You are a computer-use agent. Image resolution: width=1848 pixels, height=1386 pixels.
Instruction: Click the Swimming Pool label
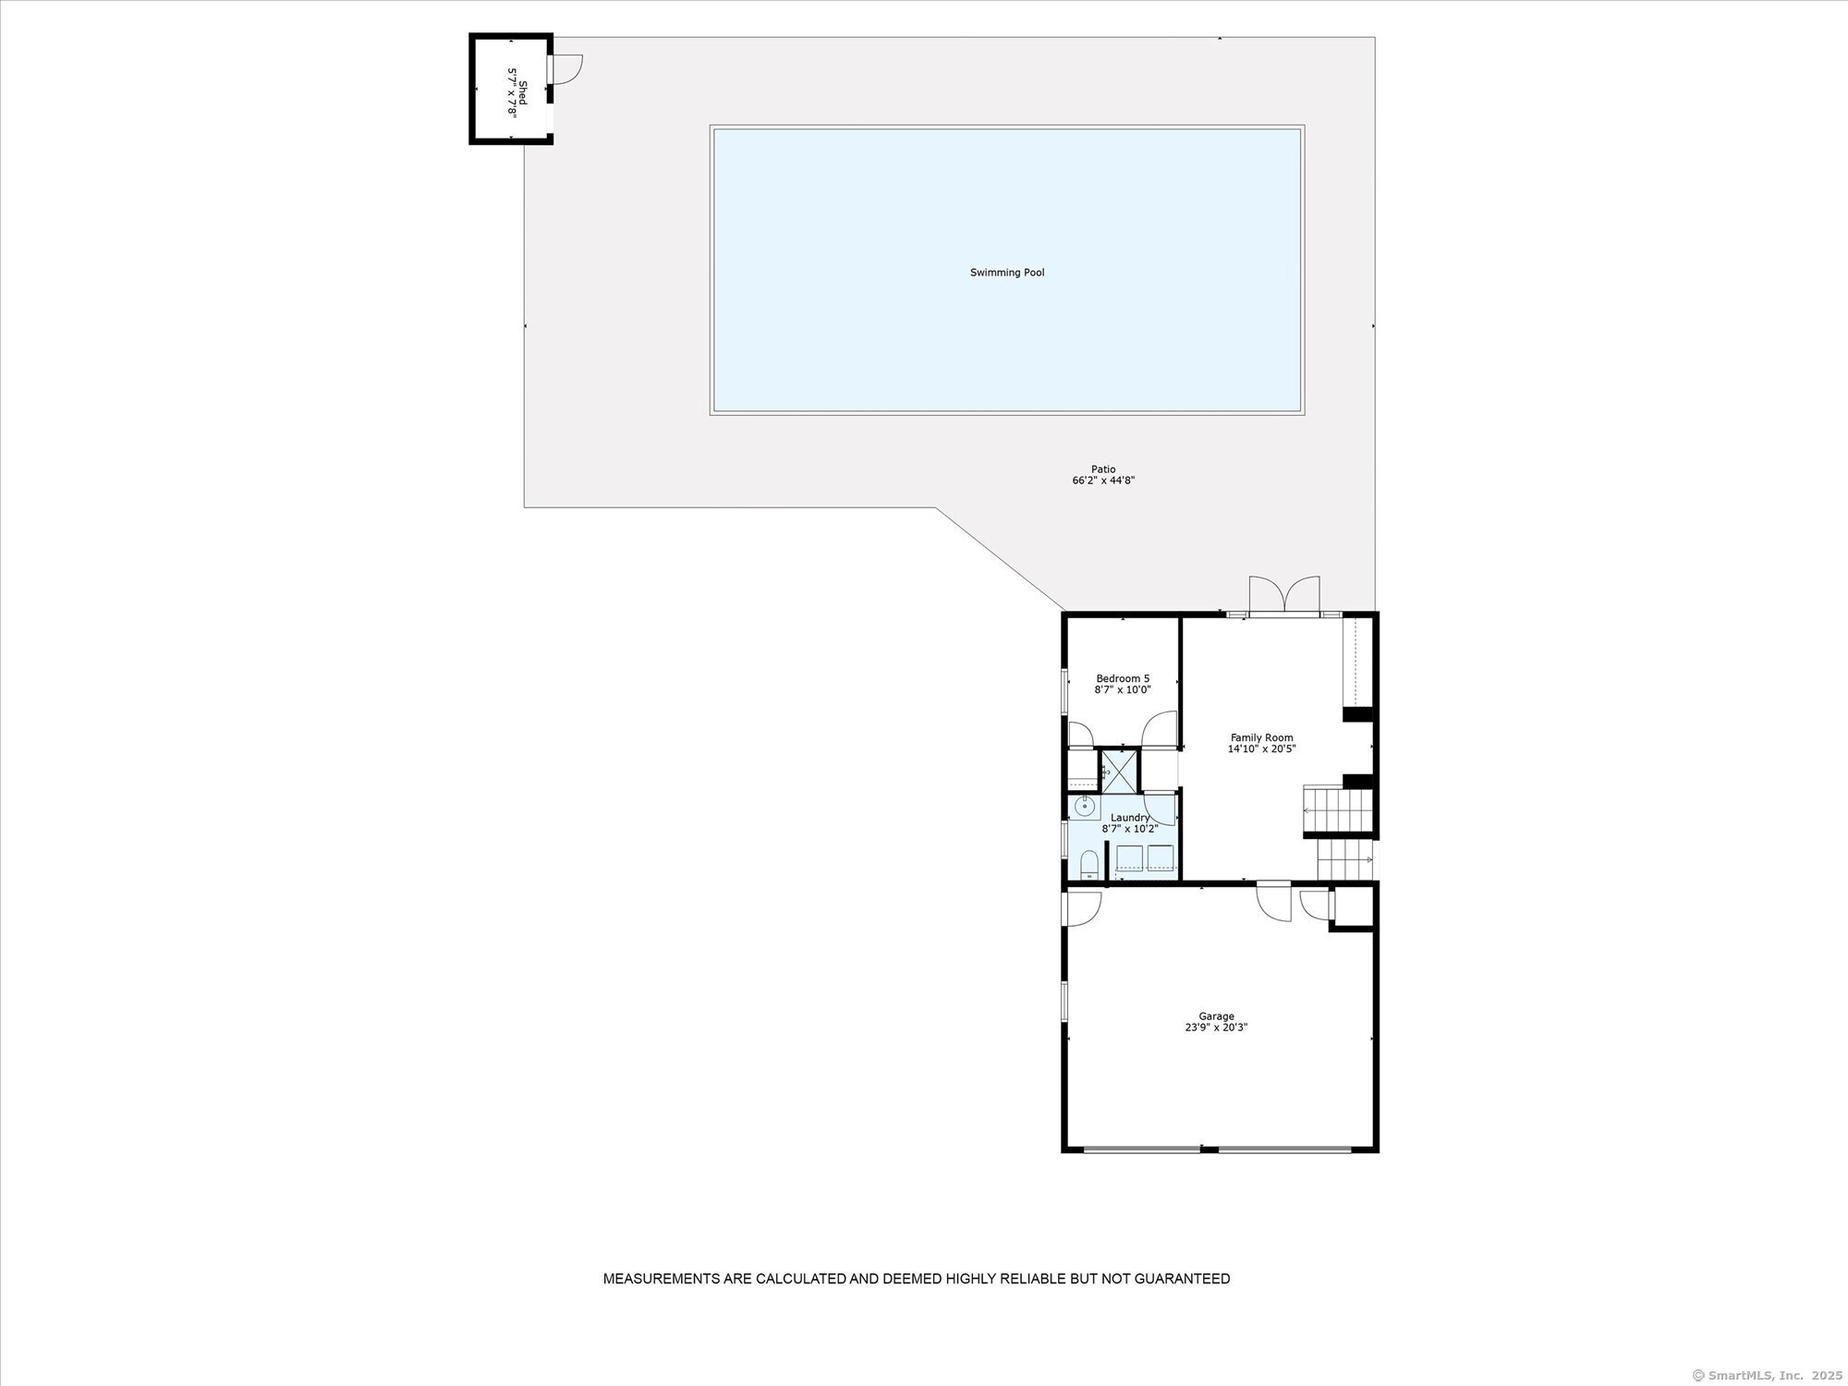point(1007,273)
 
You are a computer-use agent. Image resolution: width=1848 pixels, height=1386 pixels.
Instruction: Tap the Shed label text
point(523,91)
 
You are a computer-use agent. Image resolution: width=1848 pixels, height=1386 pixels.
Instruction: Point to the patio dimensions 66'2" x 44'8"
point(1103,480)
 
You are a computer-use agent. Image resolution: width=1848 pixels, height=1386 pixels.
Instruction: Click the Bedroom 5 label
point(1123,678)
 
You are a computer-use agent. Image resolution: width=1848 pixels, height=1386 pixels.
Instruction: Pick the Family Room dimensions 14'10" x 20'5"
point(1261,749)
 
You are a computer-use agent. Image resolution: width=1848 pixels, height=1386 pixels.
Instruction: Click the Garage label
point(1216,1016)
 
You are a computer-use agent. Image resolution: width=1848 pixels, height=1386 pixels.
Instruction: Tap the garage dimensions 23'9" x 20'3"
point(1216,1027)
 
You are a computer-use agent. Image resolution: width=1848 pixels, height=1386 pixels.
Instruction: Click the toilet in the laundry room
point(1089,865)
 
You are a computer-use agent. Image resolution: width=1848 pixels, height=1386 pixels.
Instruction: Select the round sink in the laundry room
point(1084,808)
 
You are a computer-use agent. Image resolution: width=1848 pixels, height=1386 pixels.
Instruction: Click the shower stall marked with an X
point(1119,771)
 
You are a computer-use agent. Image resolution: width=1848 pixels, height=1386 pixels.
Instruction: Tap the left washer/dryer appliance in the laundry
point(1129,858)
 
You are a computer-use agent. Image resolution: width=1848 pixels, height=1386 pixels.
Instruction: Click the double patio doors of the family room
point(1284,596)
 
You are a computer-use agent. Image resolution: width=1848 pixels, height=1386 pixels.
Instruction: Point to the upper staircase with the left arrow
point(1339,809)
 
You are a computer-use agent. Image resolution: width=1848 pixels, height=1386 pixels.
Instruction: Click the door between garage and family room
point(1274,901)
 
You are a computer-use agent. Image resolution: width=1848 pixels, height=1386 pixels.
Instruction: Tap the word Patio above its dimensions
point(1103,469)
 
